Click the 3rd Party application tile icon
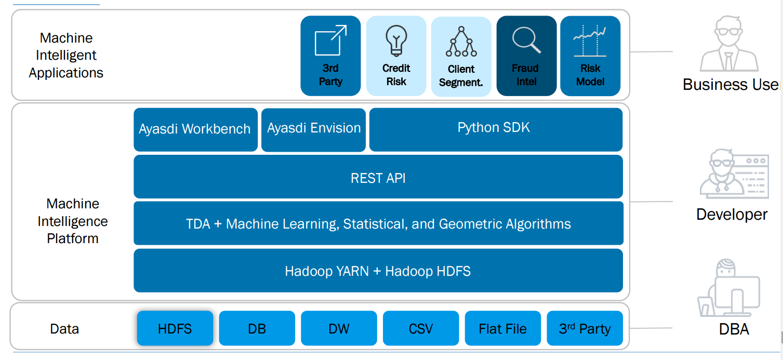tap(330, 40)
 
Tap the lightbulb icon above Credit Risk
tap(396, 41)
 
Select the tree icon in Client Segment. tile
tap(461, 42)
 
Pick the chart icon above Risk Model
tap(590, 41)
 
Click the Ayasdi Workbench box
tap(195, 129)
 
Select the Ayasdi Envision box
tap(313, 130)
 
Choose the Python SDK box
tap(496, 129)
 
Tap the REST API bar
tap(378, 177)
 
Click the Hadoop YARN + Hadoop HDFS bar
tap(378, 271)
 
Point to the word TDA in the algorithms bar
tap(198, 224)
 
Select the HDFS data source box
tap(175, 328)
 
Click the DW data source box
tap(339, 328)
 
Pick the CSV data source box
tap(421, 328)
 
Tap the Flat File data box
tap(502, 328)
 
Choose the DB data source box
tap(257, 328)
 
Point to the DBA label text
tap(734, 329)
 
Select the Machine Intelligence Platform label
tap(73, 221)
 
